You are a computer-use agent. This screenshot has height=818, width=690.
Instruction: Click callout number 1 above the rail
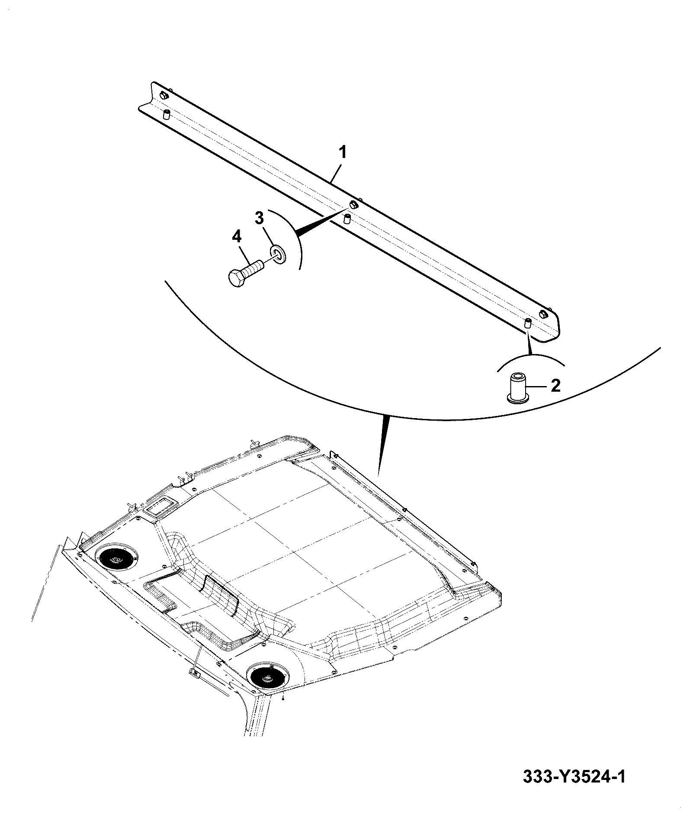pos(342,153)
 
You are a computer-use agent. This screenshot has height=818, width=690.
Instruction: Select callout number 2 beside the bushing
pos(555,385)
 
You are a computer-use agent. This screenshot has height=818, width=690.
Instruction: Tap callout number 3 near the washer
pos(259,219)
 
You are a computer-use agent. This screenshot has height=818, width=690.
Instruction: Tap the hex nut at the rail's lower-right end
pos(542,314)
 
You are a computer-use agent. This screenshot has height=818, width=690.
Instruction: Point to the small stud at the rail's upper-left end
pos(167,114)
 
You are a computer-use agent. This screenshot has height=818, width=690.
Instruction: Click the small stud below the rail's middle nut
pos(347,219)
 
